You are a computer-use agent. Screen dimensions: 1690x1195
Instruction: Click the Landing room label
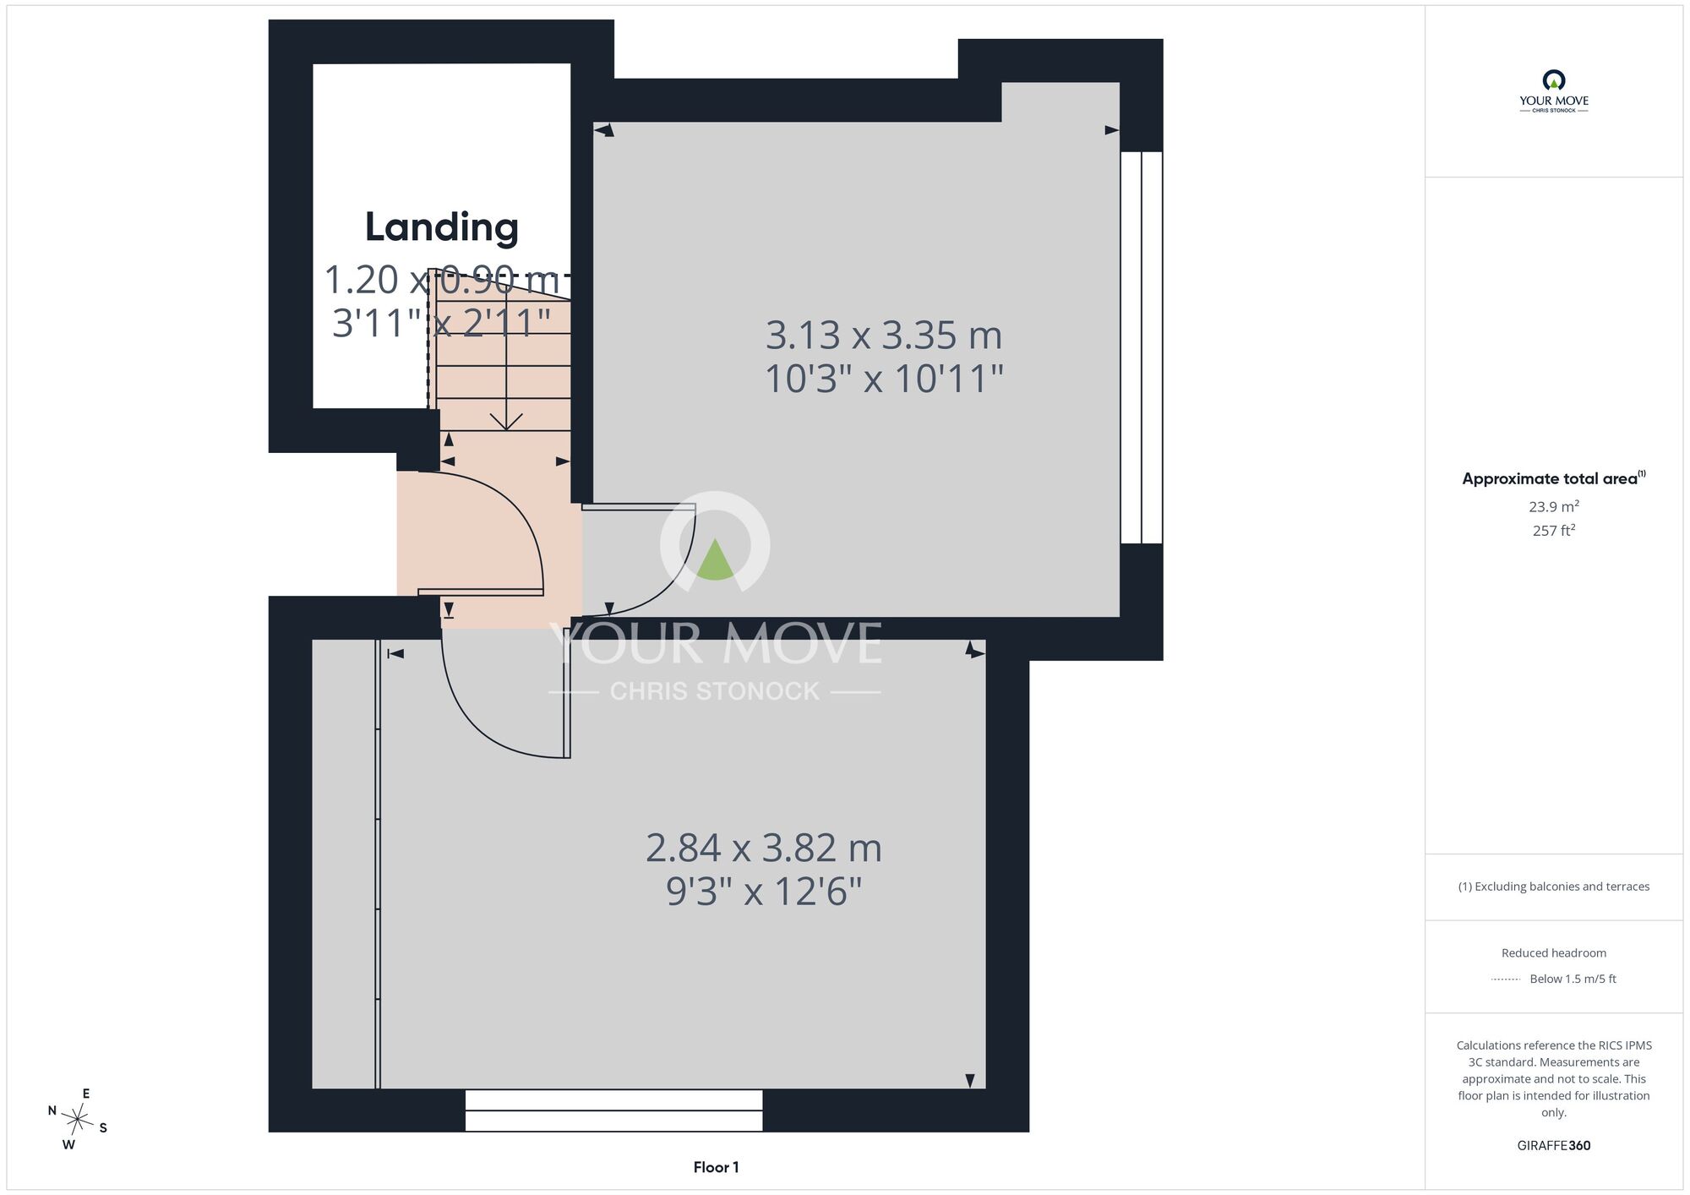pos(442,226)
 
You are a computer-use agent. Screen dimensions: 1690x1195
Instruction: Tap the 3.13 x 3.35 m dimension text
pos(884,336)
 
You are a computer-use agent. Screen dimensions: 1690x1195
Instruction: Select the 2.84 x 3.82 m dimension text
pos(764,848)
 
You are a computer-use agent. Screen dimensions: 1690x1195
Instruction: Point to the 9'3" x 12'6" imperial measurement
pos(764,891)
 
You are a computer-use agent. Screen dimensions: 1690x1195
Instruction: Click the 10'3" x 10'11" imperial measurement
pos(884,379)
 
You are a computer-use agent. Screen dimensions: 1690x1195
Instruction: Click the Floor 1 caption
pos(716,1167)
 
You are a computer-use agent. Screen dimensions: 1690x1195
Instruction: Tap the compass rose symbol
pos(78,1121)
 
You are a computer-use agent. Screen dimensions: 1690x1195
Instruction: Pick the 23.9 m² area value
pos(1554,507)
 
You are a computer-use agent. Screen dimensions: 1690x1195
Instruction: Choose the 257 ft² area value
pos(1554,531)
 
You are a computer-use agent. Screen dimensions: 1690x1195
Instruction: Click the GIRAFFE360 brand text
pos(1554,1146)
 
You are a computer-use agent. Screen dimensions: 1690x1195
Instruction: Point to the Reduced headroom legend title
pos(1554,953)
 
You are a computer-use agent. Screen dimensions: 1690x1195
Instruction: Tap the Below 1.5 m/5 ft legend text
pos(1573,979)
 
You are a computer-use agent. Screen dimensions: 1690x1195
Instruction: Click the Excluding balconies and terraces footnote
pos(1554,887)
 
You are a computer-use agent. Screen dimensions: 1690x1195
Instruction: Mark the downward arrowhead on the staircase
pos(506,422)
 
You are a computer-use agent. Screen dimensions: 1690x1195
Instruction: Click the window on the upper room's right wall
pos(1142,347)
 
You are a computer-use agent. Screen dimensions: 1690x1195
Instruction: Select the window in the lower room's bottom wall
pos(613,1110)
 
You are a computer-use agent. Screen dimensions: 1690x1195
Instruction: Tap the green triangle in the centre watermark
pos(715,559)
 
